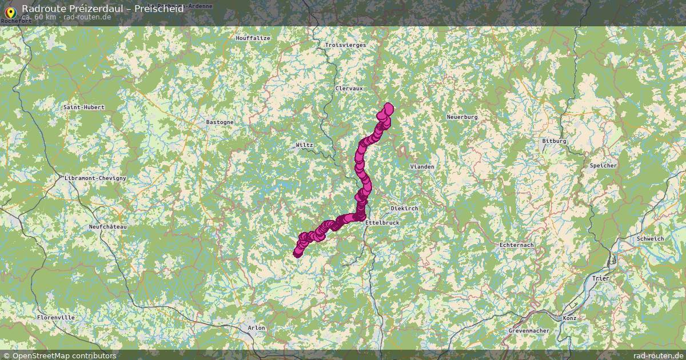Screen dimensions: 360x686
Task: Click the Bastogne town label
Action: point(220,122)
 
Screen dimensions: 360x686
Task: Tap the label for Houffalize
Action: point(252,38)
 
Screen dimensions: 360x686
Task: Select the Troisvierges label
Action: point(345,45)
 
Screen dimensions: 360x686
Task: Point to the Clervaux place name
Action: point(349,89)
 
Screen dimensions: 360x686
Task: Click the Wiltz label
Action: point(304,145)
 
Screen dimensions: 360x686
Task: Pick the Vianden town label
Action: point(422,167)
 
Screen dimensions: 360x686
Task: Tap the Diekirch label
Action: point(404,209)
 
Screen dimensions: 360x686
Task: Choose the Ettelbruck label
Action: point(382,222)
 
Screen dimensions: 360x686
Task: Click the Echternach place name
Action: point(516,245)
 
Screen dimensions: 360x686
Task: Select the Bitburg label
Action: point(554,141)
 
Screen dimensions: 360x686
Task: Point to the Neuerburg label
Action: point(462,117)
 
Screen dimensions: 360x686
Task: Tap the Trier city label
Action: point(601,278)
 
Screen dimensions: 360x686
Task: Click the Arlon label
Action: point(257,327)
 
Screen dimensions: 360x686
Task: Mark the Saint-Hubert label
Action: point(83,107)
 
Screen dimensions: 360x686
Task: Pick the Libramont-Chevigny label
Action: point(95,178)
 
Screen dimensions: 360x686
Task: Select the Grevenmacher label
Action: point(529,331)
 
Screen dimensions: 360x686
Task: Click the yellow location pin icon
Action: point(10,11)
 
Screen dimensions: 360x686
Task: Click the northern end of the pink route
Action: point(389,107)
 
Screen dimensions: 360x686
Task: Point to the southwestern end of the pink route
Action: point(297,254)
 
